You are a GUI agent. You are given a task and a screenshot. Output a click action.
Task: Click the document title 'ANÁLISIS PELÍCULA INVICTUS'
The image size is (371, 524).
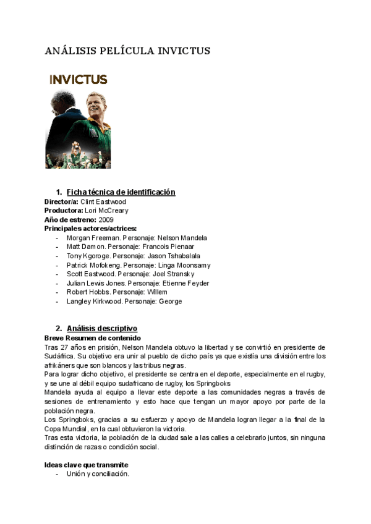127,51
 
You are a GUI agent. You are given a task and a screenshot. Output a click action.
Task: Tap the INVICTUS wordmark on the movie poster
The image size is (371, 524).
78,80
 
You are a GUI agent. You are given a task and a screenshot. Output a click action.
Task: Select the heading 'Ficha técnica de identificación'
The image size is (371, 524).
121,192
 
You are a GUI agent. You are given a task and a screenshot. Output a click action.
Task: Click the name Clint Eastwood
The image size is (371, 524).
103,201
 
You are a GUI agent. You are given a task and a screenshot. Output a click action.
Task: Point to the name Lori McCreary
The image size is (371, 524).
106,211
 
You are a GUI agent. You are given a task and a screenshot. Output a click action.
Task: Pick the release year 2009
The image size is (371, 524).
106,219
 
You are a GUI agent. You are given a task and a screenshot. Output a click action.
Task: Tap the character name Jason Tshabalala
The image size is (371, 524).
179,256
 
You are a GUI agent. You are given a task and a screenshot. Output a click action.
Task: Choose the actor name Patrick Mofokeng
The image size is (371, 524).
94,265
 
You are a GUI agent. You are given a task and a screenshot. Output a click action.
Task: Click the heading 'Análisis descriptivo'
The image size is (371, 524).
102,329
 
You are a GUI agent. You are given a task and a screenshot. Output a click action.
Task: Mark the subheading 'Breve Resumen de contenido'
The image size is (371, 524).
93,338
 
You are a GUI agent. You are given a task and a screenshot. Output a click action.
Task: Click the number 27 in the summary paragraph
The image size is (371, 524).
64,347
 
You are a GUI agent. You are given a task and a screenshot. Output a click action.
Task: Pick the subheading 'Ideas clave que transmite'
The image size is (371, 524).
86,465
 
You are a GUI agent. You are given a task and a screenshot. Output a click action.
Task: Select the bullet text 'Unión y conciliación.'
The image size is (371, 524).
98,474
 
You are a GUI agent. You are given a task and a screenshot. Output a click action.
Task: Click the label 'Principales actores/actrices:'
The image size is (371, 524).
90,229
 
